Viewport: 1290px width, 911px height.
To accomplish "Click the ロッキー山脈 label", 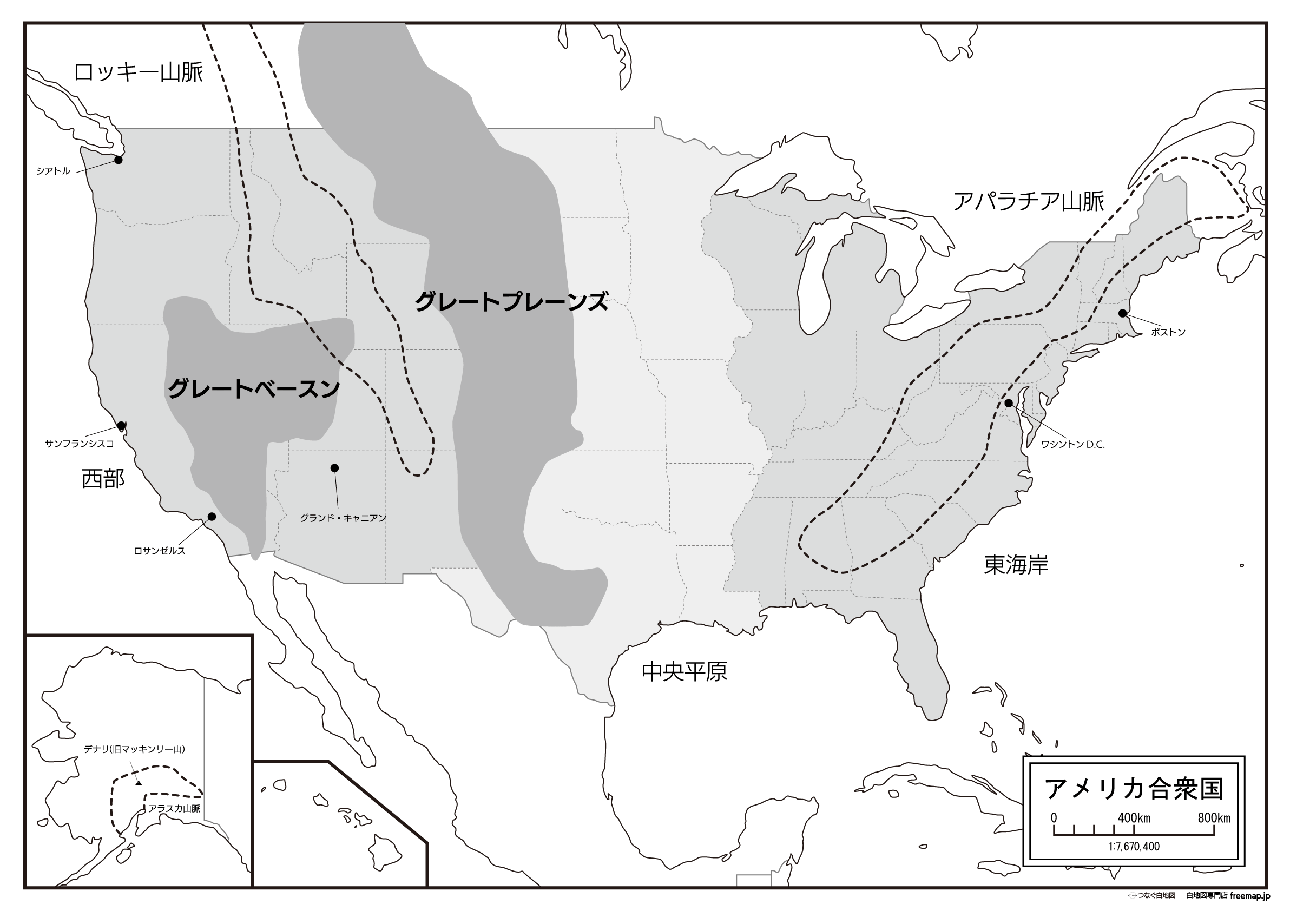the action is (138, 73).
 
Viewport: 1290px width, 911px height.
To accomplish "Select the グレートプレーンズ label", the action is (511, 302).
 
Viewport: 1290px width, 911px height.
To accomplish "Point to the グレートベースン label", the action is (254, 388).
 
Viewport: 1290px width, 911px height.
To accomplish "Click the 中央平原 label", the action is (685, 671).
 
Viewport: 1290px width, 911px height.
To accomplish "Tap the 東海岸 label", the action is (1016, 565).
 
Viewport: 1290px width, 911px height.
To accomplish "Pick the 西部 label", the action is (103, 479).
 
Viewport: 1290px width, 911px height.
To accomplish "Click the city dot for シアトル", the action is (118, 160).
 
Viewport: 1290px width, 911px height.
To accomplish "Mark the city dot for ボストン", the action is (1122, 313).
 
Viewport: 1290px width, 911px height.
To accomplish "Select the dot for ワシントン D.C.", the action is (1008, 402).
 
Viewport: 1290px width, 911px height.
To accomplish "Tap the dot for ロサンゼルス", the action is (212, 516).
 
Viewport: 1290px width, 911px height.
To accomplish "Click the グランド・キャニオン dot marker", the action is (334, 468).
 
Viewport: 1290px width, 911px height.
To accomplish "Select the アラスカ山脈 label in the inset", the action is (174, 809).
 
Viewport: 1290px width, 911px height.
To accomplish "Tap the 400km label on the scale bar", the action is (1133, 818).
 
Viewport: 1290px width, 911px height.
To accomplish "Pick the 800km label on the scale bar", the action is (1213, 818).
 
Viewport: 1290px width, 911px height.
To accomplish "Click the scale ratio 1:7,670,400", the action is (1133, 847).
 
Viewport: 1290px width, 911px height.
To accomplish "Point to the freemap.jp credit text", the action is (1249, 896).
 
